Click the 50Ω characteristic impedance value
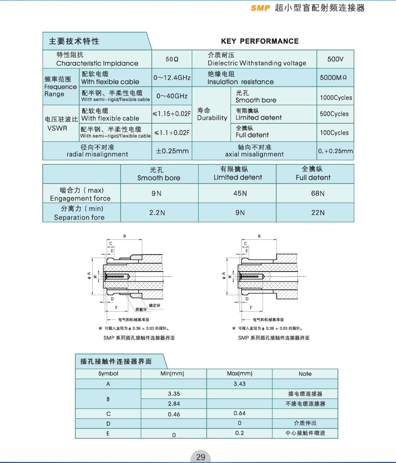pyautogui.click(x=172, y=59)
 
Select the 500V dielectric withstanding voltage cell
pyautogui.click(x=335, y=59)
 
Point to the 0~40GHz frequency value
pyautogui.click(x=172, y=96)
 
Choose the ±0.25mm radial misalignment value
pyautogui.click(x=172, y=151)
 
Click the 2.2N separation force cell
pyautogui.click(x=157, y=212)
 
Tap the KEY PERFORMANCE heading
pyautogui.click(x=260, y=41)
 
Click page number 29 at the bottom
pyautogui.click(x=201, y=457)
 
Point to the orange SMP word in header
pyautogui.click(x=260, y=8)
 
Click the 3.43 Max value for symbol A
pyautogui.click(x=240, y=384)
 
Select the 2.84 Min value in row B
pyautogui.click(x=174, y=404)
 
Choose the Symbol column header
pyautogui.click(x=108, y=373)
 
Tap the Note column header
pyautogui.click(x=305, y=374)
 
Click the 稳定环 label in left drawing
pyautogui.click(x=154, y=305)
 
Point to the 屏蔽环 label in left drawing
pyautogui.click(x=141, y=309)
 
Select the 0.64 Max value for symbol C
pyautogui.click(x=240, y=413)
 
